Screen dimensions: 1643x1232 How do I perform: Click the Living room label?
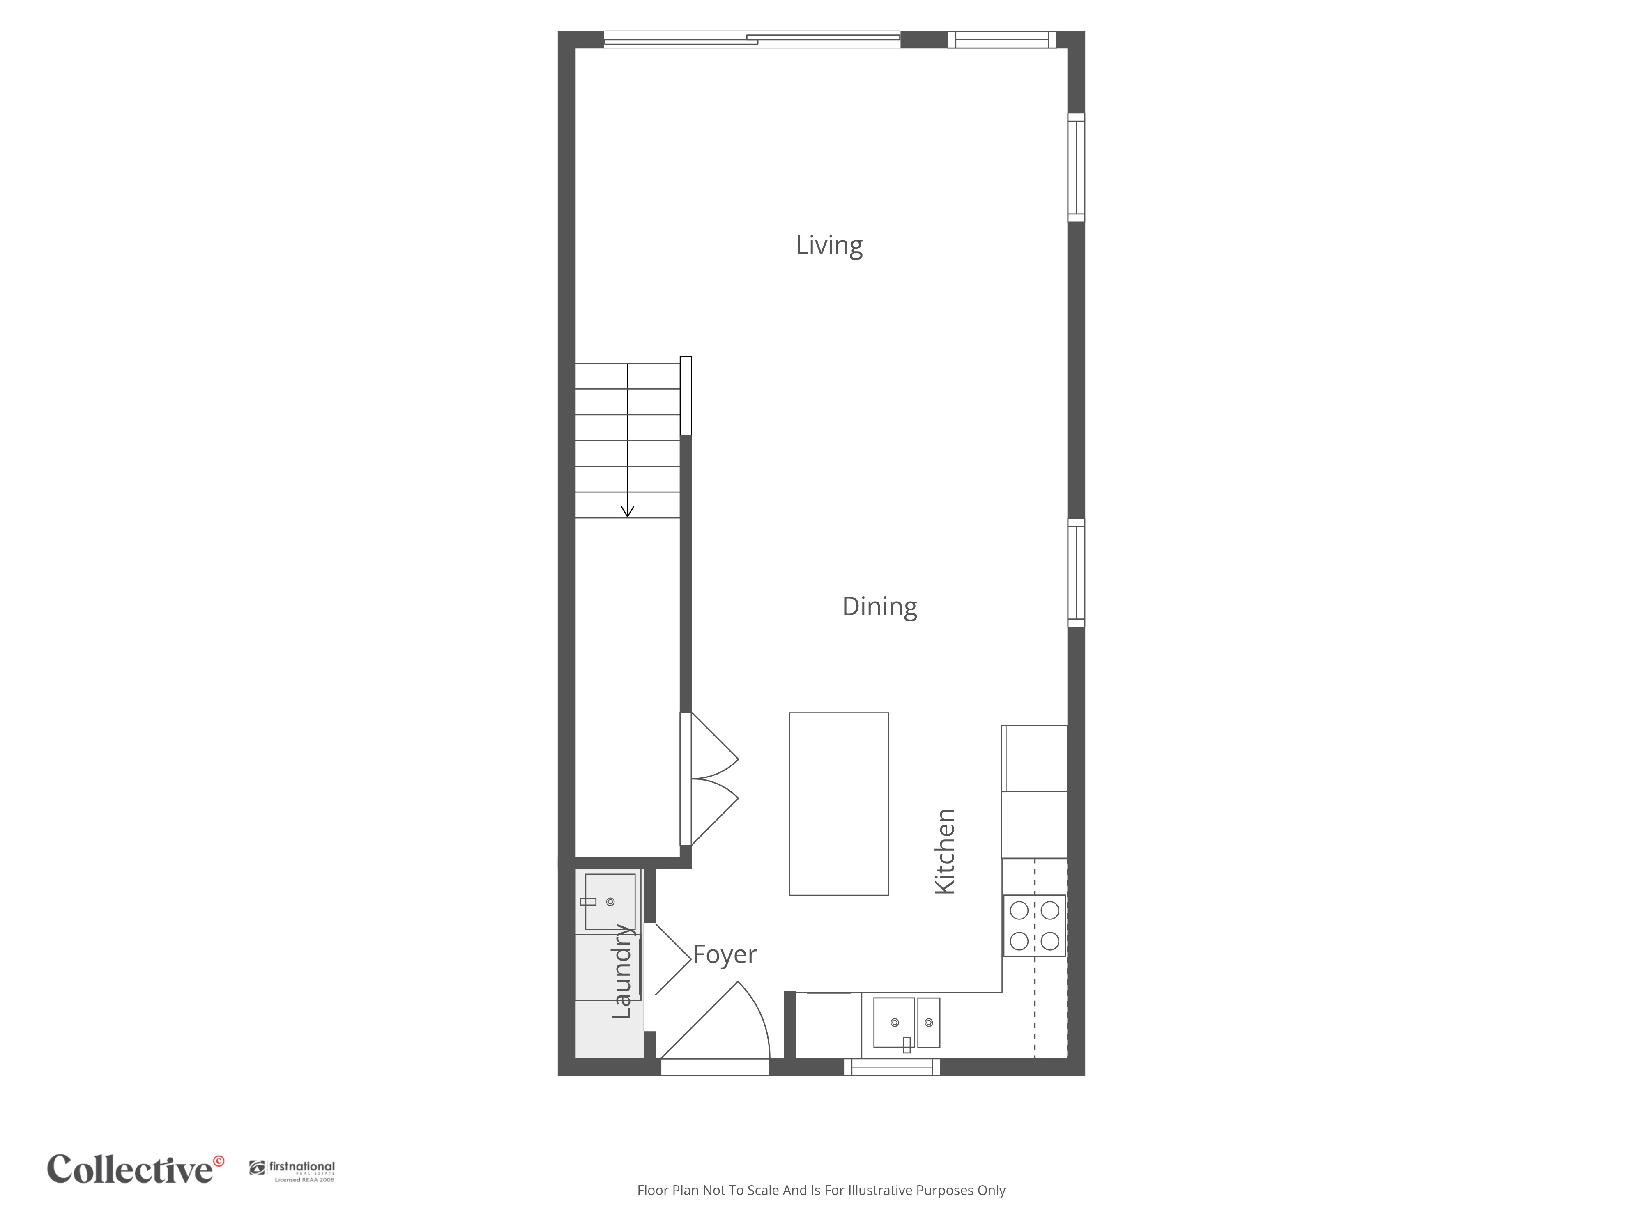[x=829, y=245]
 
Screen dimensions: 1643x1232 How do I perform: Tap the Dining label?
[x=879, y=607]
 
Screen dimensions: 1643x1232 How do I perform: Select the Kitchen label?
[x=944, y=851]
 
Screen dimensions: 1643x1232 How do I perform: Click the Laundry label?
[x=622, y=971]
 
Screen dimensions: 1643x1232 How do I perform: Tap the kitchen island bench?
[x=839, y=804]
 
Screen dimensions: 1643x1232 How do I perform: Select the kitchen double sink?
[x=906, y=1023]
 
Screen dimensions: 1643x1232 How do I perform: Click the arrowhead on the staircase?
[x=628, y=511]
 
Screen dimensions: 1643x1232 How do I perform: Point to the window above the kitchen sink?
[x=892, y=1067]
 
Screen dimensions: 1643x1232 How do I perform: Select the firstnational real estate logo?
[x=292, y=1170]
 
